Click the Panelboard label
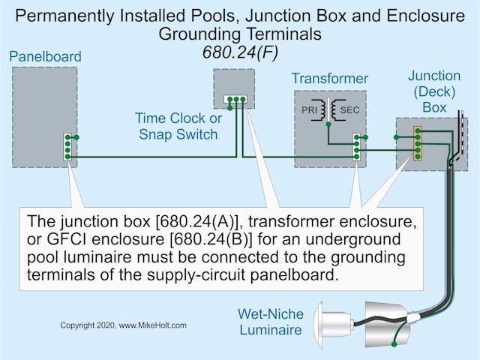pyautogui.click(x=46, y=56)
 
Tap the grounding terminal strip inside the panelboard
pyautogui.click(x=67, y=146)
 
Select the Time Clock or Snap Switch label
pyautogui.click(x=178, y=126)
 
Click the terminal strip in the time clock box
pyautogui.click(x=235, y=98)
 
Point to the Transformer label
pyautogui.click(x=330, y=79)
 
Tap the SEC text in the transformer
pyautogui.click(x=349, y=111)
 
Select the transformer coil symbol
pyautogui.click(x=329, y=111)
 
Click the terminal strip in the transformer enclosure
pyautogui.click(x=356, y=146)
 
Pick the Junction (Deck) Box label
pyautogui.click(x=434, y=91)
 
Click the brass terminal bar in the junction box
pyautogui.click(x=418, y=143)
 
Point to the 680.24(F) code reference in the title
pyautogui.click(x=239, y=52)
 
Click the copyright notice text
pyautogui.click(x=123, y=325)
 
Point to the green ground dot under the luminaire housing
pyautogui.click(x=394, y=344)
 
